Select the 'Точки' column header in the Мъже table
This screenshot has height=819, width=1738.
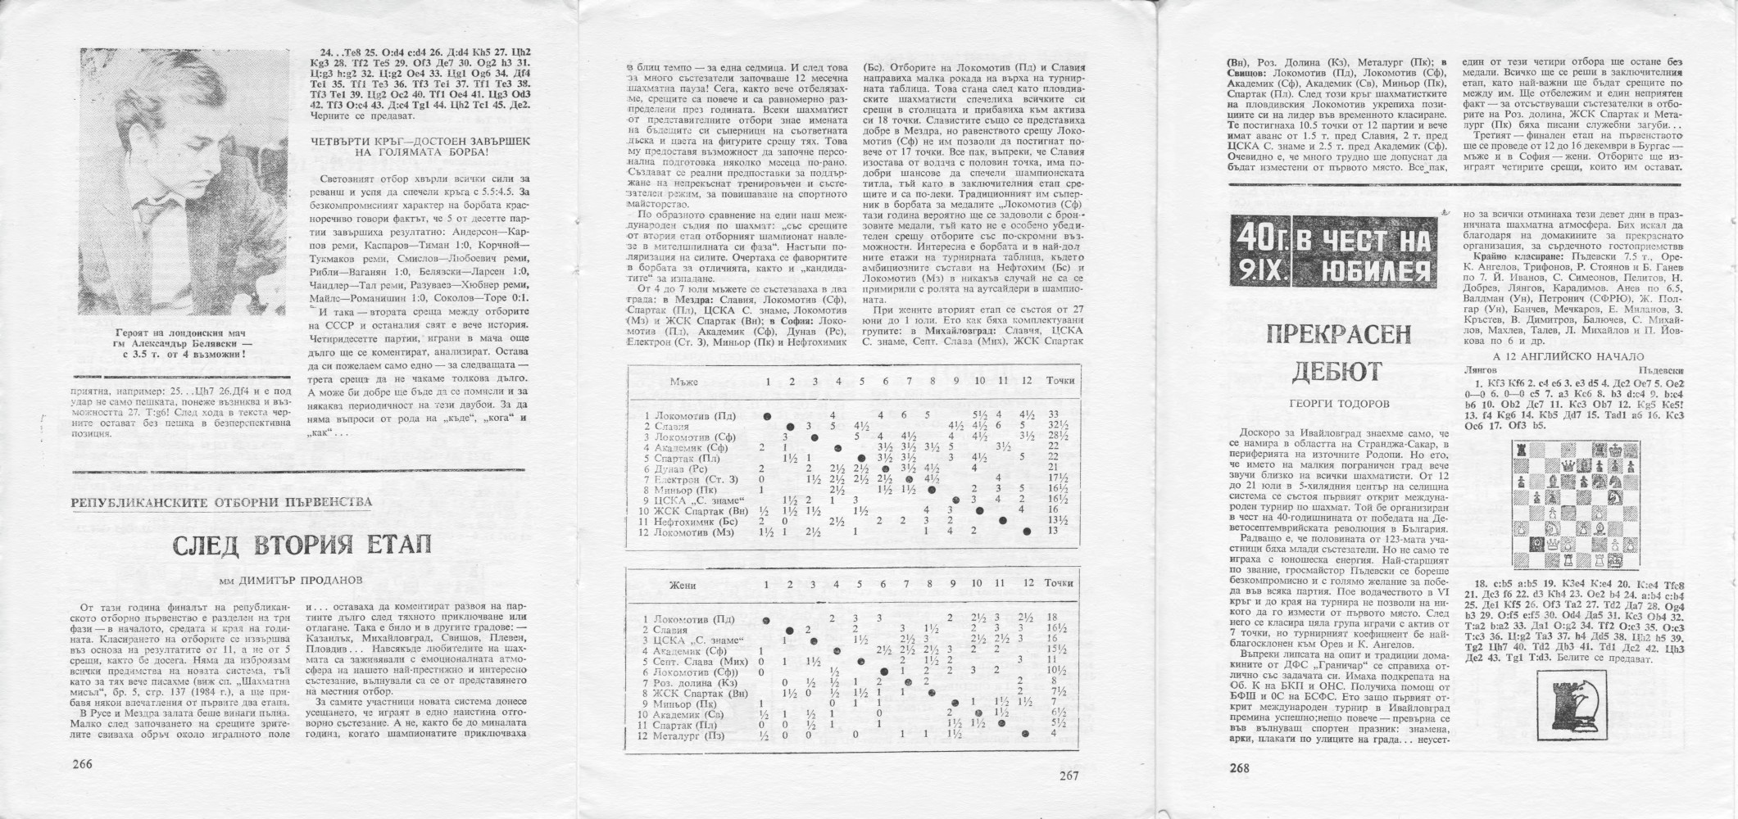[x=1060, y=381]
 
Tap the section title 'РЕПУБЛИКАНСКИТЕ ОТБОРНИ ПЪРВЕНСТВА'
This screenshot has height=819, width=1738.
[x=221, y=502]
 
